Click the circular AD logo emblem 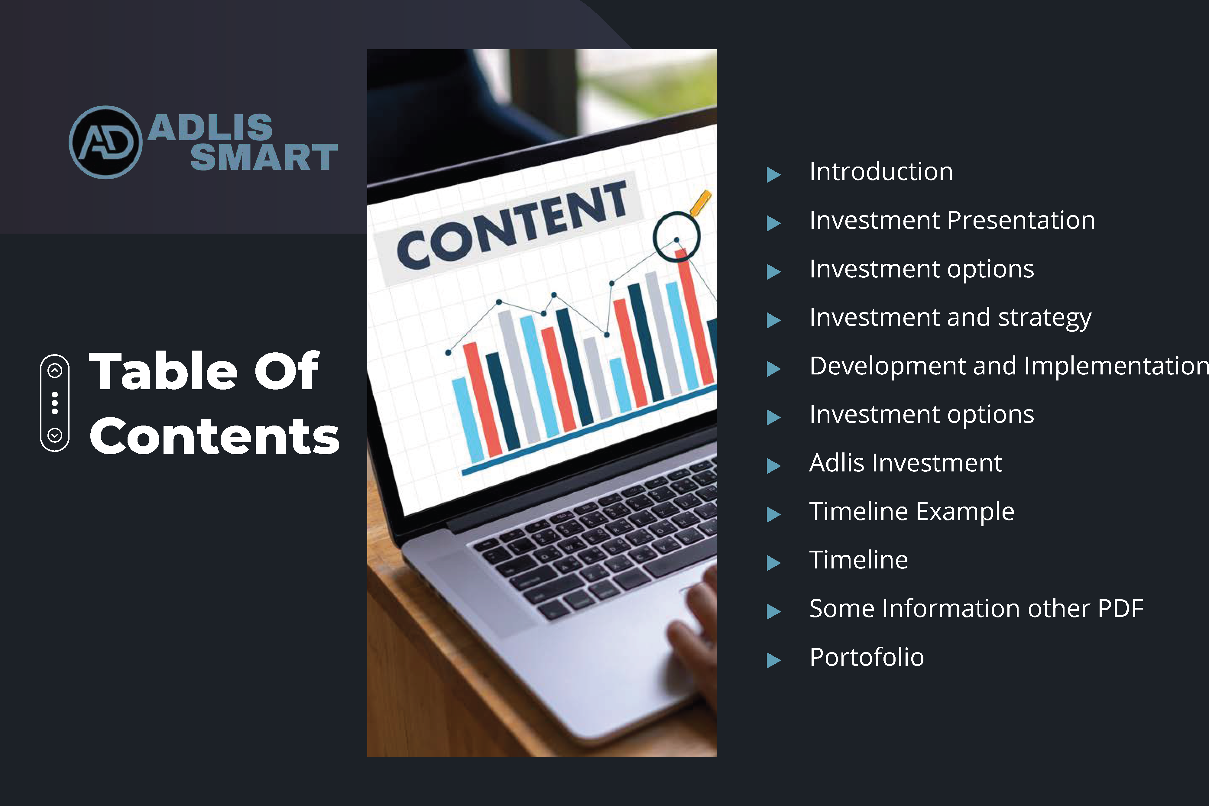point(105,142)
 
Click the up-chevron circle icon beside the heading point(55,370)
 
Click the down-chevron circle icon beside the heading point(55,435)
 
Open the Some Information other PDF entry point(977,609)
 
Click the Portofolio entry point(867,657)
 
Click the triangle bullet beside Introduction point(773,175)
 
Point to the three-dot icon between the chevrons point(55,403)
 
